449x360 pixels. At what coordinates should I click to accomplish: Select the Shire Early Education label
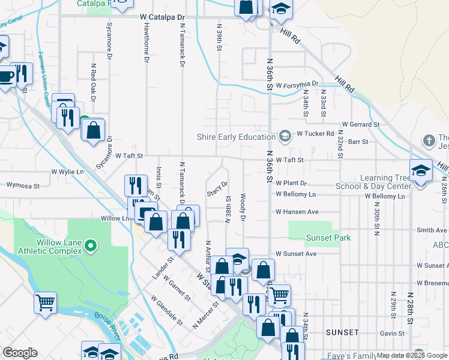[237, 137]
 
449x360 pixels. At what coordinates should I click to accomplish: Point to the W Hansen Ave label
[297, 212]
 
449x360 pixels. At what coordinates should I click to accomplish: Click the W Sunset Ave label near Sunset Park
[296, 254]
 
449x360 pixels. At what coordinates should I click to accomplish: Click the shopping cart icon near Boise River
[46, 303]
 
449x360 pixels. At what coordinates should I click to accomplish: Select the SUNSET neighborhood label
[342, 332]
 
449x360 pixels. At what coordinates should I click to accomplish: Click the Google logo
[20, 352]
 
